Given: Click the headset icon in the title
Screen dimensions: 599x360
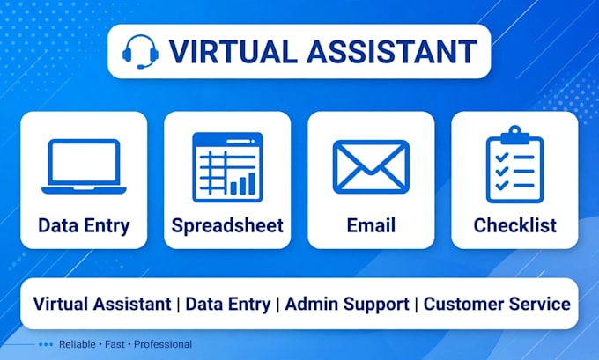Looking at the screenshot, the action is coord(140,52).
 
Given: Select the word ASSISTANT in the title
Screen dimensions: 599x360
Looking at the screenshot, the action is coord(392,52).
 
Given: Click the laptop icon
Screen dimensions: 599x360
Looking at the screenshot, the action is coord(84,166).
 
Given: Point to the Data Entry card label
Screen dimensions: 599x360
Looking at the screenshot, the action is coord(84,225).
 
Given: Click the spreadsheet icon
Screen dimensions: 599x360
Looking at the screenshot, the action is coord(227,167).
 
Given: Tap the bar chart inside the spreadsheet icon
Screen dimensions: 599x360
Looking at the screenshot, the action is coord(242,184).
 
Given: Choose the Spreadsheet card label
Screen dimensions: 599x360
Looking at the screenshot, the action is coord(227,225).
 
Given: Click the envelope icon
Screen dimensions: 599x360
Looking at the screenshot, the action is coord(371,167).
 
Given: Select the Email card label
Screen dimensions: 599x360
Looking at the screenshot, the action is coord(371,225).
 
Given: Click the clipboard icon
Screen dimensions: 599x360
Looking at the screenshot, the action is coord(515,165).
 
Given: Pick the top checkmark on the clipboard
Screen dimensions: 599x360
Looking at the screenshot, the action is coord(501,157).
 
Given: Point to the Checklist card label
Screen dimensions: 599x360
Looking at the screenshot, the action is coord(515,225).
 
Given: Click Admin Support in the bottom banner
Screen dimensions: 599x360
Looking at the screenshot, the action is coord(347,305).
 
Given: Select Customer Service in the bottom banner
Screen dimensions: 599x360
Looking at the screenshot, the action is coord(497,304).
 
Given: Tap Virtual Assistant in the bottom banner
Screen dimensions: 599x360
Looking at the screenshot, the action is coord(102,304).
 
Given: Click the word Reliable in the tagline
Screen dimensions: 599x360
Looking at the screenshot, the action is coord(78,344).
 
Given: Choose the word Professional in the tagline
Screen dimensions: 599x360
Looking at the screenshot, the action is coord(163,344).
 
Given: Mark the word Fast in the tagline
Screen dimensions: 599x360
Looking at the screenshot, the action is coord(115,344).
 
